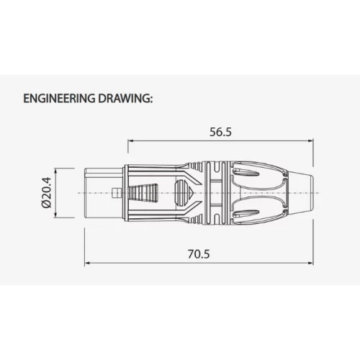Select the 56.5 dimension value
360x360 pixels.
tap(220, 132)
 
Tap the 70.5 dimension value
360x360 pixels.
tap(199, 254)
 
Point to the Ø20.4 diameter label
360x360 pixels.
tap(46, 192)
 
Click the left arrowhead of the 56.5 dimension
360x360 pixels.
tap(130, 141)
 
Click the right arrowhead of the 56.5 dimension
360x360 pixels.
tap(310, 141)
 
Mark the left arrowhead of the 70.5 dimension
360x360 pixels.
tap(88, 263)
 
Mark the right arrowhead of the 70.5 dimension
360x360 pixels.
tap(310, 263)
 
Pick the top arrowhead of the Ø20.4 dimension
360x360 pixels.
tap(55, 171)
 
